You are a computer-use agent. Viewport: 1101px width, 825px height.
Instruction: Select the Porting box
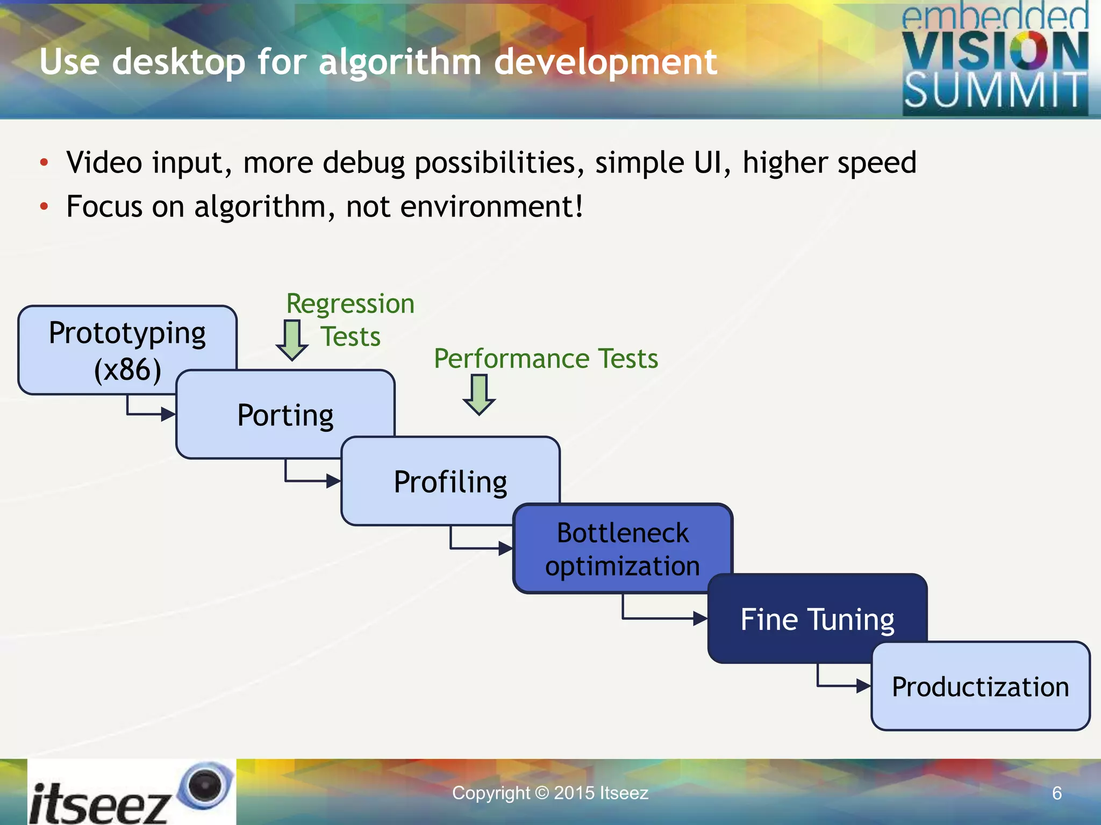click(285, 415)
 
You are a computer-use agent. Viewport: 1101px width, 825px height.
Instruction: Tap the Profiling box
click(451, 481)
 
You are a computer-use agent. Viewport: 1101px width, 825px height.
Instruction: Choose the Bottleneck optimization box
click(623, 549)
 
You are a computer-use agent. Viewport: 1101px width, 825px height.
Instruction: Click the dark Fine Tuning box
click(817, 619)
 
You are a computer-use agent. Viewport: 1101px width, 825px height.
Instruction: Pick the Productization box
click(981, 686)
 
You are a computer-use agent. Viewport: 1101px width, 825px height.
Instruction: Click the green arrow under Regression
click(292, 340)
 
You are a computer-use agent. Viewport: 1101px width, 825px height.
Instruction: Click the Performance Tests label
click(546, 358)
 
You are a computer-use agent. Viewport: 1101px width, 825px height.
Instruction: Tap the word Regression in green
click(350, 303)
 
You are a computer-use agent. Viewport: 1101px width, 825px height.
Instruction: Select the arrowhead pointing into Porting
click(168, 414)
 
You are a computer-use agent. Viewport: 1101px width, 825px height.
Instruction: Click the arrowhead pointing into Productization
click(863, 686)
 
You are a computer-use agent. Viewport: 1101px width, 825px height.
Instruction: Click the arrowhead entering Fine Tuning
click(700, 619)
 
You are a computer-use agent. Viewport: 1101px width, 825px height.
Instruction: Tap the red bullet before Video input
click(44, 162)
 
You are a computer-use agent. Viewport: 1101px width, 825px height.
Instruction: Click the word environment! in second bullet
click(491, 206)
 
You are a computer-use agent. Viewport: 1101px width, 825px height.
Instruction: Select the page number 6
click(1056, 793)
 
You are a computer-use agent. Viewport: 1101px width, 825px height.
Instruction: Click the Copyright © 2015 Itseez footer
click(550, 793)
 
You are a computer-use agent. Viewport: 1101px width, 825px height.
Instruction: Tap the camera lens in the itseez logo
click(205, 785)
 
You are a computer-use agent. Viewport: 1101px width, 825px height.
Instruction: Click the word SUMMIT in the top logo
click(995, 91)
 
